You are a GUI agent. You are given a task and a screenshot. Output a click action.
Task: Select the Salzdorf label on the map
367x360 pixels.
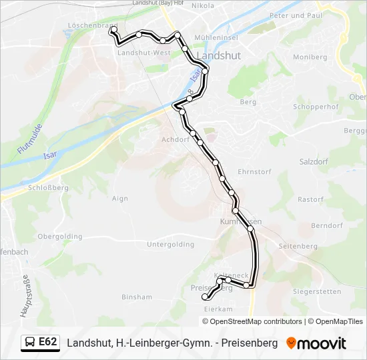(316, 162)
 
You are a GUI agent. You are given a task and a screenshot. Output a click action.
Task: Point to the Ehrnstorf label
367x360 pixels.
(254, 171)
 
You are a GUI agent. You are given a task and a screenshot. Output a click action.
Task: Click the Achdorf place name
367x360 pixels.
(175, 140)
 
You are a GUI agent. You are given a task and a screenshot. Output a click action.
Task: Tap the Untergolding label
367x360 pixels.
(169, 245)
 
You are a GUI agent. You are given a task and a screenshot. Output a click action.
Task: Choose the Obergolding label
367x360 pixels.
(60, 237)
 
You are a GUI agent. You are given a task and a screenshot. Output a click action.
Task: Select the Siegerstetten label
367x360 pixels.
(317, 291)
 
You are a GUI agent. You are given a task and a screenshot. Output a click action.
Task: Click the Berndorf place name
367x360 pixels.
(326, 225)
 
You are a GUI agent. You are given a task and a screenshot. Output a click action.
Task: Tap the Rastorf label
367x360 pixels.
(310, 199)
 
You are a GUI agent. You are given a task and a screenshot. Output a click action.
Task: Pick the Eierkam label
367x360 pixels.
(217, 309)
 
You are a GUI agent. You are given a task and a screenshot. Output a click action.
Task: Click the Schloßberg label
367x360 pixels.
(49, 189)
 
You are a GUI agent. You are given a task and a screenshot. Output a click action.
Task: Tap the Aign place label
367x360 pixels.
(120, 199)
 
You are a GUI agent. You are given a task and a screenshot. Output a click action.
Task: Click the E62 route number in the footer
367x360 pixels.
(48, 343)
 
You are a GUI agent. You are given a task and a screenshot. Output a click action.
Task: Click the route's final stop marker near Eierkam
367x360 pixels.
(205, 298)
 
